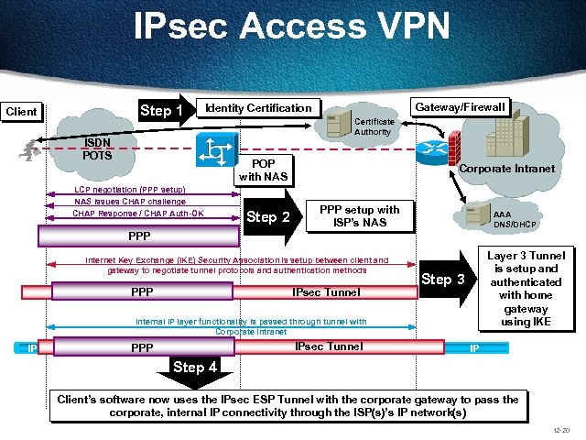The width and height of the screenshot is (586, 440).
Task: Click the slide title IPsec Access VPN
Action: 292,26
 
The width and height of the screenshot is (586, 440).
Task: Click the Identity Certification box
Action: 258,108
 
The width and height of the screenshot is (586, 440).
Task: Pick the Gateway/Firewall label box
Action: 460,107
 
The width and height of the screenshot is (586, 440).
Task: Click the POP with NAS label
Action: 263,170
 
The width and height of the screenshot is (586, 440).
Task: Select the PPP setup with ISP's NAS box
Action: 359,216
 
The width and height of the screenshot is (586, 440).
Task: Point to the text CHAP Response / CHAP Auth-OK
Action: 138,214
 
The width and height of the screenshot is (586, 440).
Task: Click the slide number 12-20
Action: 561,430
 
